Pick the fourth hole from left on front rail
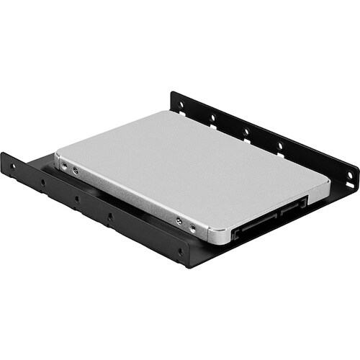click(110, 216)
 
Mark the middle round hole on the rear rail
click(246, 130)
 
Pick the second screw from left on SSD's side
click(76, 171)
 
